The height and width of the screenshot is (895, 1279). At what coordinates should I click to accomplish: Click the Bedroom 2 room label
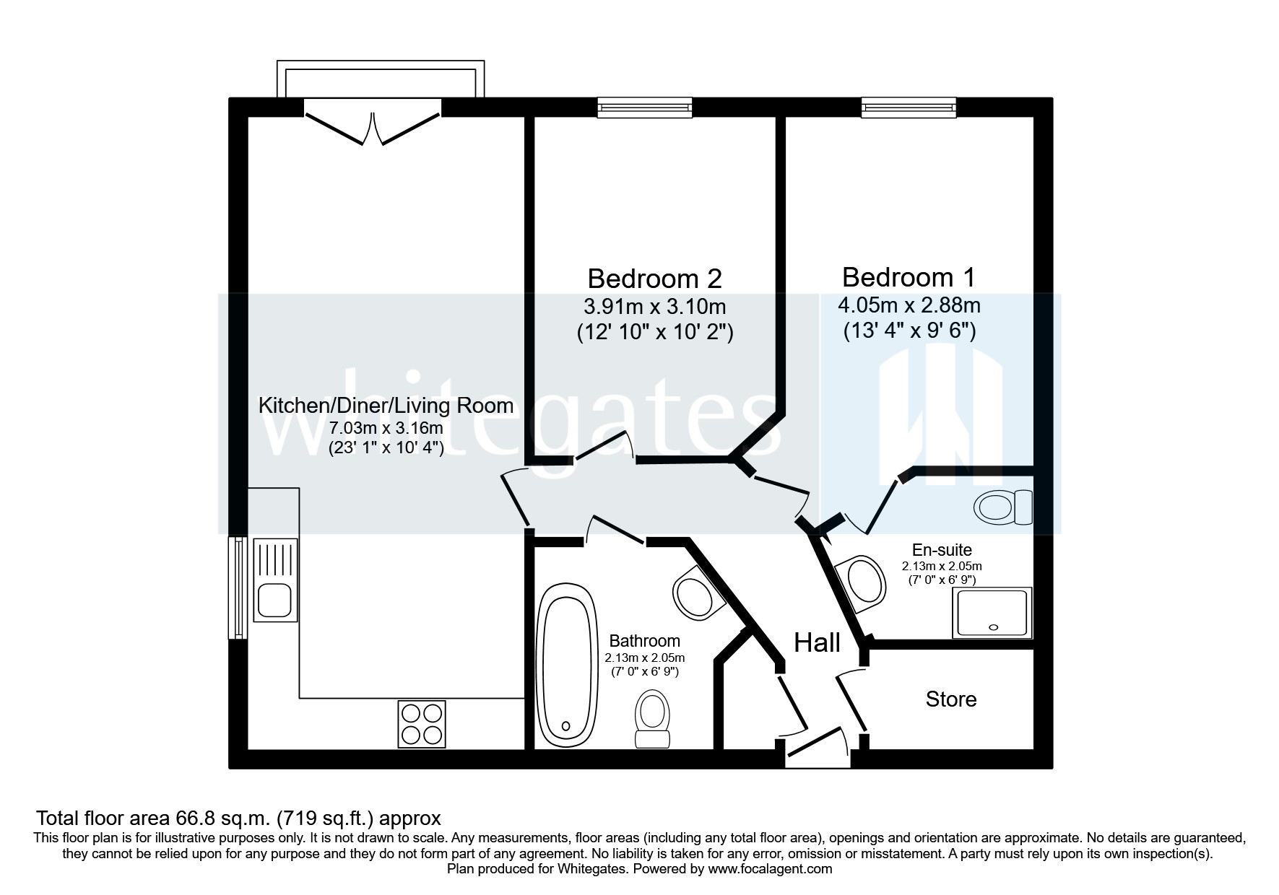coord(654,279)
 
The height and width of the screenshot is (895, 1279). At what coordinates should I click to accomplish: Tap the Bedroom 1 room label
coord(908,277)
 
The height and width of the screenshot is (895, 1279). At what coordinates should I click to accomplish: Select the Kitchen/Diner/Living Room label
coord(386,406)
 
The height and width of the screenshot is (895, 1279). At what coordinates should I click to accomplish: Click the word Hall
coord(817,642)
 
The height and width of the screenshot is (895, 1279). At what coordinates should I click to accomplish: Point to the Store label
coord(950,699)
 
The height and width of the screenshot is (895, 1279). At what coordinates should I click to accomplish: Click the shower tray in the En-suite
coord(992,612)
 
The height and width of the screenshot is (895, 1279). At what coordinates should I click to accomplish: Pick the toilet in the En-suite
coord(1003,507)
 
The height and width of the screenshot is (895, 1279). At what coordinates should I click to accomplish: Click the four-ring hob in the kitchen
coord(421,724)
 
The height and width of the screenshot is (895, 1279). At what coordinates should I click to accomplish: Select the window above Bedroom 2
coord(645,108)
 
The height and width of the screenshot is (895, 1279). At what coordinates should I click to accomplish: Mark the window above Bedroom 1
coord(909,108)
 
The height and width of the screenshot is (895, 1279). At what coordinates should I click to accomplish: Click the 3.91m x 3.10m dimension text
coord(654,307)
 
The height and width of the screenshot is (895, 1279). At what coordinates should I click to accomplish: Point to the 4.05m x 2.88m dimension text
coord(909,305)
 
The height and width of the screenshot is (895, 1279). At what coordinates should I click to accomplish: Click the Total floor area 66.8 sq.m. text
coord(238,818)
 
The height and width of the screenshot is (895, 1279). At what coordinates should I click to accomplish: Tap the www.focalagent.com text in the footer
coord(770,869)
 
